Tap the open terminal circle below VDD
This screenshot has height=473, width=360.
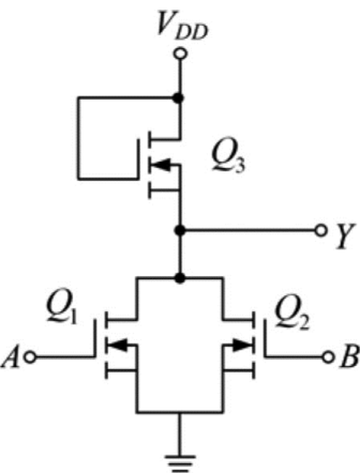tap(180, 54)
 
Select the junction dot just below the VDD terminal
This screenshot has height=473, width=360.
tap(179, 98)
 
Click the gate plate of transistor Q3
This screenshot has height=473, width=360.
tap(139, 159)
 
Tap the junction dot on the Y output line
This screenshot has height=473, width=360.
tap(180, 230)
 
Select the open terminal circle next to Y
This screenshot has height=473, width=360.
tap(320, 230)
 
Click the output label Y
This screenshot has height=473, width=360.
tap(345, 236)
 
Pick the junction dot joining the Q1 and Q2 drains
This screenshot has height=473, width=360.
tap(180, 278)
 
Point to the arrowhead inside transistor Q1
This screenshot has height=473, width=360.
tap(117, 344)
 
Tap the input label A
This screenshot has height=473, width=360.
tap(11, 357)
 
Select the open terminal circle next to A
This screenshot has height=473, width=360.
tap(30, 358)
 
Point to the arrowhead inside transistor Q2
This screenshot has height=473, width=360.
tap(243, 344)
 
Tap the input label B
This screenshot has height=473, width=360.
tap(349, 356)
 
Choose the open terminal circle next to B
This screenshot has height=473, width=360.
tap(328, 358)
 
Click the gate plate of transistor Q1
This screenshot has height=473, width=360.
tap(95, 338)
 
